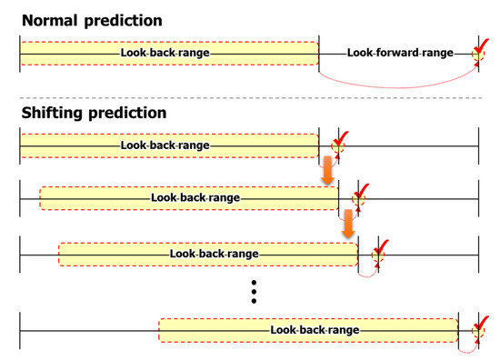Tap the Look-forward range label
400,53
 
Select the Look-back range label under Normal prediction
165,53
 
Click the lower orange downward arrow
346,222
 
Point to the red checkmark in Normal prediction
481,50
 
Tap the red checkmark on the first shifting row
340,140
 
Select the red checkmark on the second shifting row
361,193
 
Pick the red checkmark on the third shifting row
381,248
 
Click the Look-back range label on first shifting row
165,145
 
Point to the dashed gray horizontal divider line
250,97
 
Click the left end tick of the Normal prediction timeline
20,53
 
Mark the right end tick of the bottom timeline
478,330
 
